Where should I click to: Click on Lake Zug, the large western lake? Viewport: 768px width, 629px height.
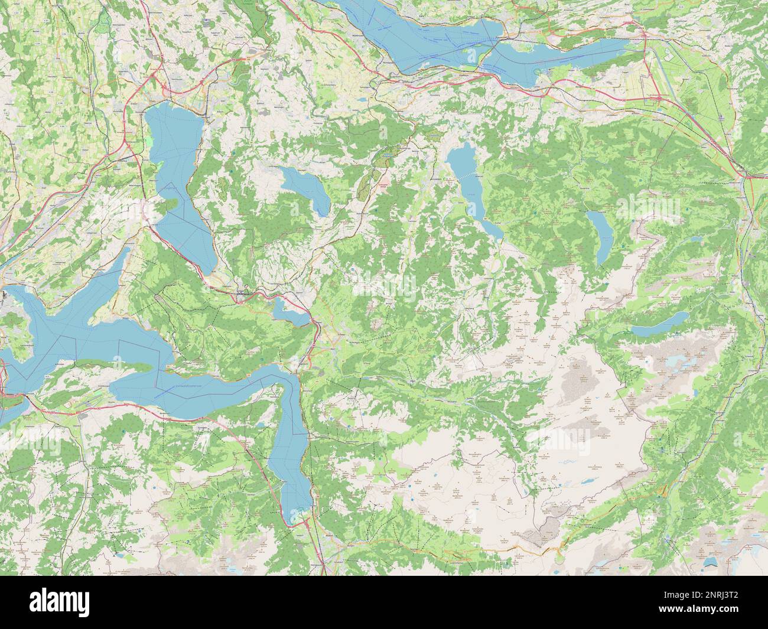177,177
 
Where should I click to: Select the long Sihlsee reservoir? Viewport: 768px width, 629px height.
473,189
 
